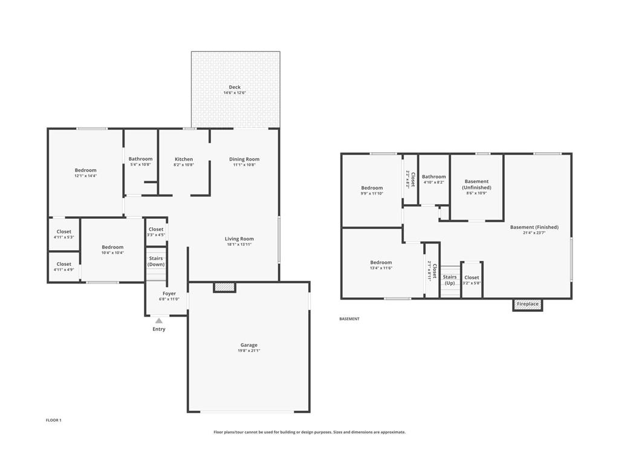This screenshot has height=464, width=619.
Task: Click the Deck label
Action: coord(235,88)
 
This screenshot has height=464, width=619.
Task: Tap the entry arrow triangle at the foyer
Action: coord(158,321)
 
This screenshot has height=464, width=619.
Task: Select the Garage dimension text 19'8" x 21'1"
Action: coord(249,350)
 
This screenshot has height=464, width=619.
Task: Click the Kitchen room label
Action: coord(184,159)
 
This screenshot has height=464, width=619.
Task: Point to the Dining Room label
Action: coord(244,159)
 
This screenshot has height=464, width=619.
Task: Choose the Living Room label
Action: coord(239,239)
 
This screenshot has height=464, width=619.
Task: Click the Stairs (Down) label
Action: coord(156,262)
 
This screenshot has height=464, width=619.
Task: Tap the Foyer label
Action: coord(169,294)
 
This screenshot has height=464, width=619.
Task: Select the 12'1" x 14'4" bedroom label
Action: coord(85,170)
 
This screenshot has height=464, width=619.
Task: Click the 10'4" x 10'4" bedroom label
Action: coord(112,247)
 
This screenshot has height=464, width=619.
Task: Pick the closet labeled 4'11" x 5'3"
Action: coord(63,232)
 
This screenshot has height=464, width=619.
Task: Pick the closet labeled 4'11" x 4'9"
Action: coord(63,264)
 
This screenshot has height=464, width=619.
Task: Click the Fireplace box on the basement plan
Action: coord(528,304)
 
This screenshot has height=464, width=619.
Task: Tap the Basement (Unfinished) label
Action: coord(477,184)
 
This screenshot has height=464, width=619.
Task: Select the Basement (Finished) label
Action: coord(534,227)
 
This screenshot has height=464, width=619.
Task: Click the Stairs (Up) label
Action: coord(450,280)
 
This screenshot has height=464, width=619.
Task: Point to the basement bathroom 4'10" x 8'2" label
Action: coord(434,177)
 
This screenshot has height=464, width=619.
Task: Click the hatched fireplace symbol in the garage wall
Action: coord(224,288)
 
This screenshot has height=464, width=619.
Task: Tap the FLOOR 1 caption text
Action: coord(54,420)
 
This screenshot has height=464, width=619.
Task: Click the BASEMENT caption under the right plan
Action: coord(349,318)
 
